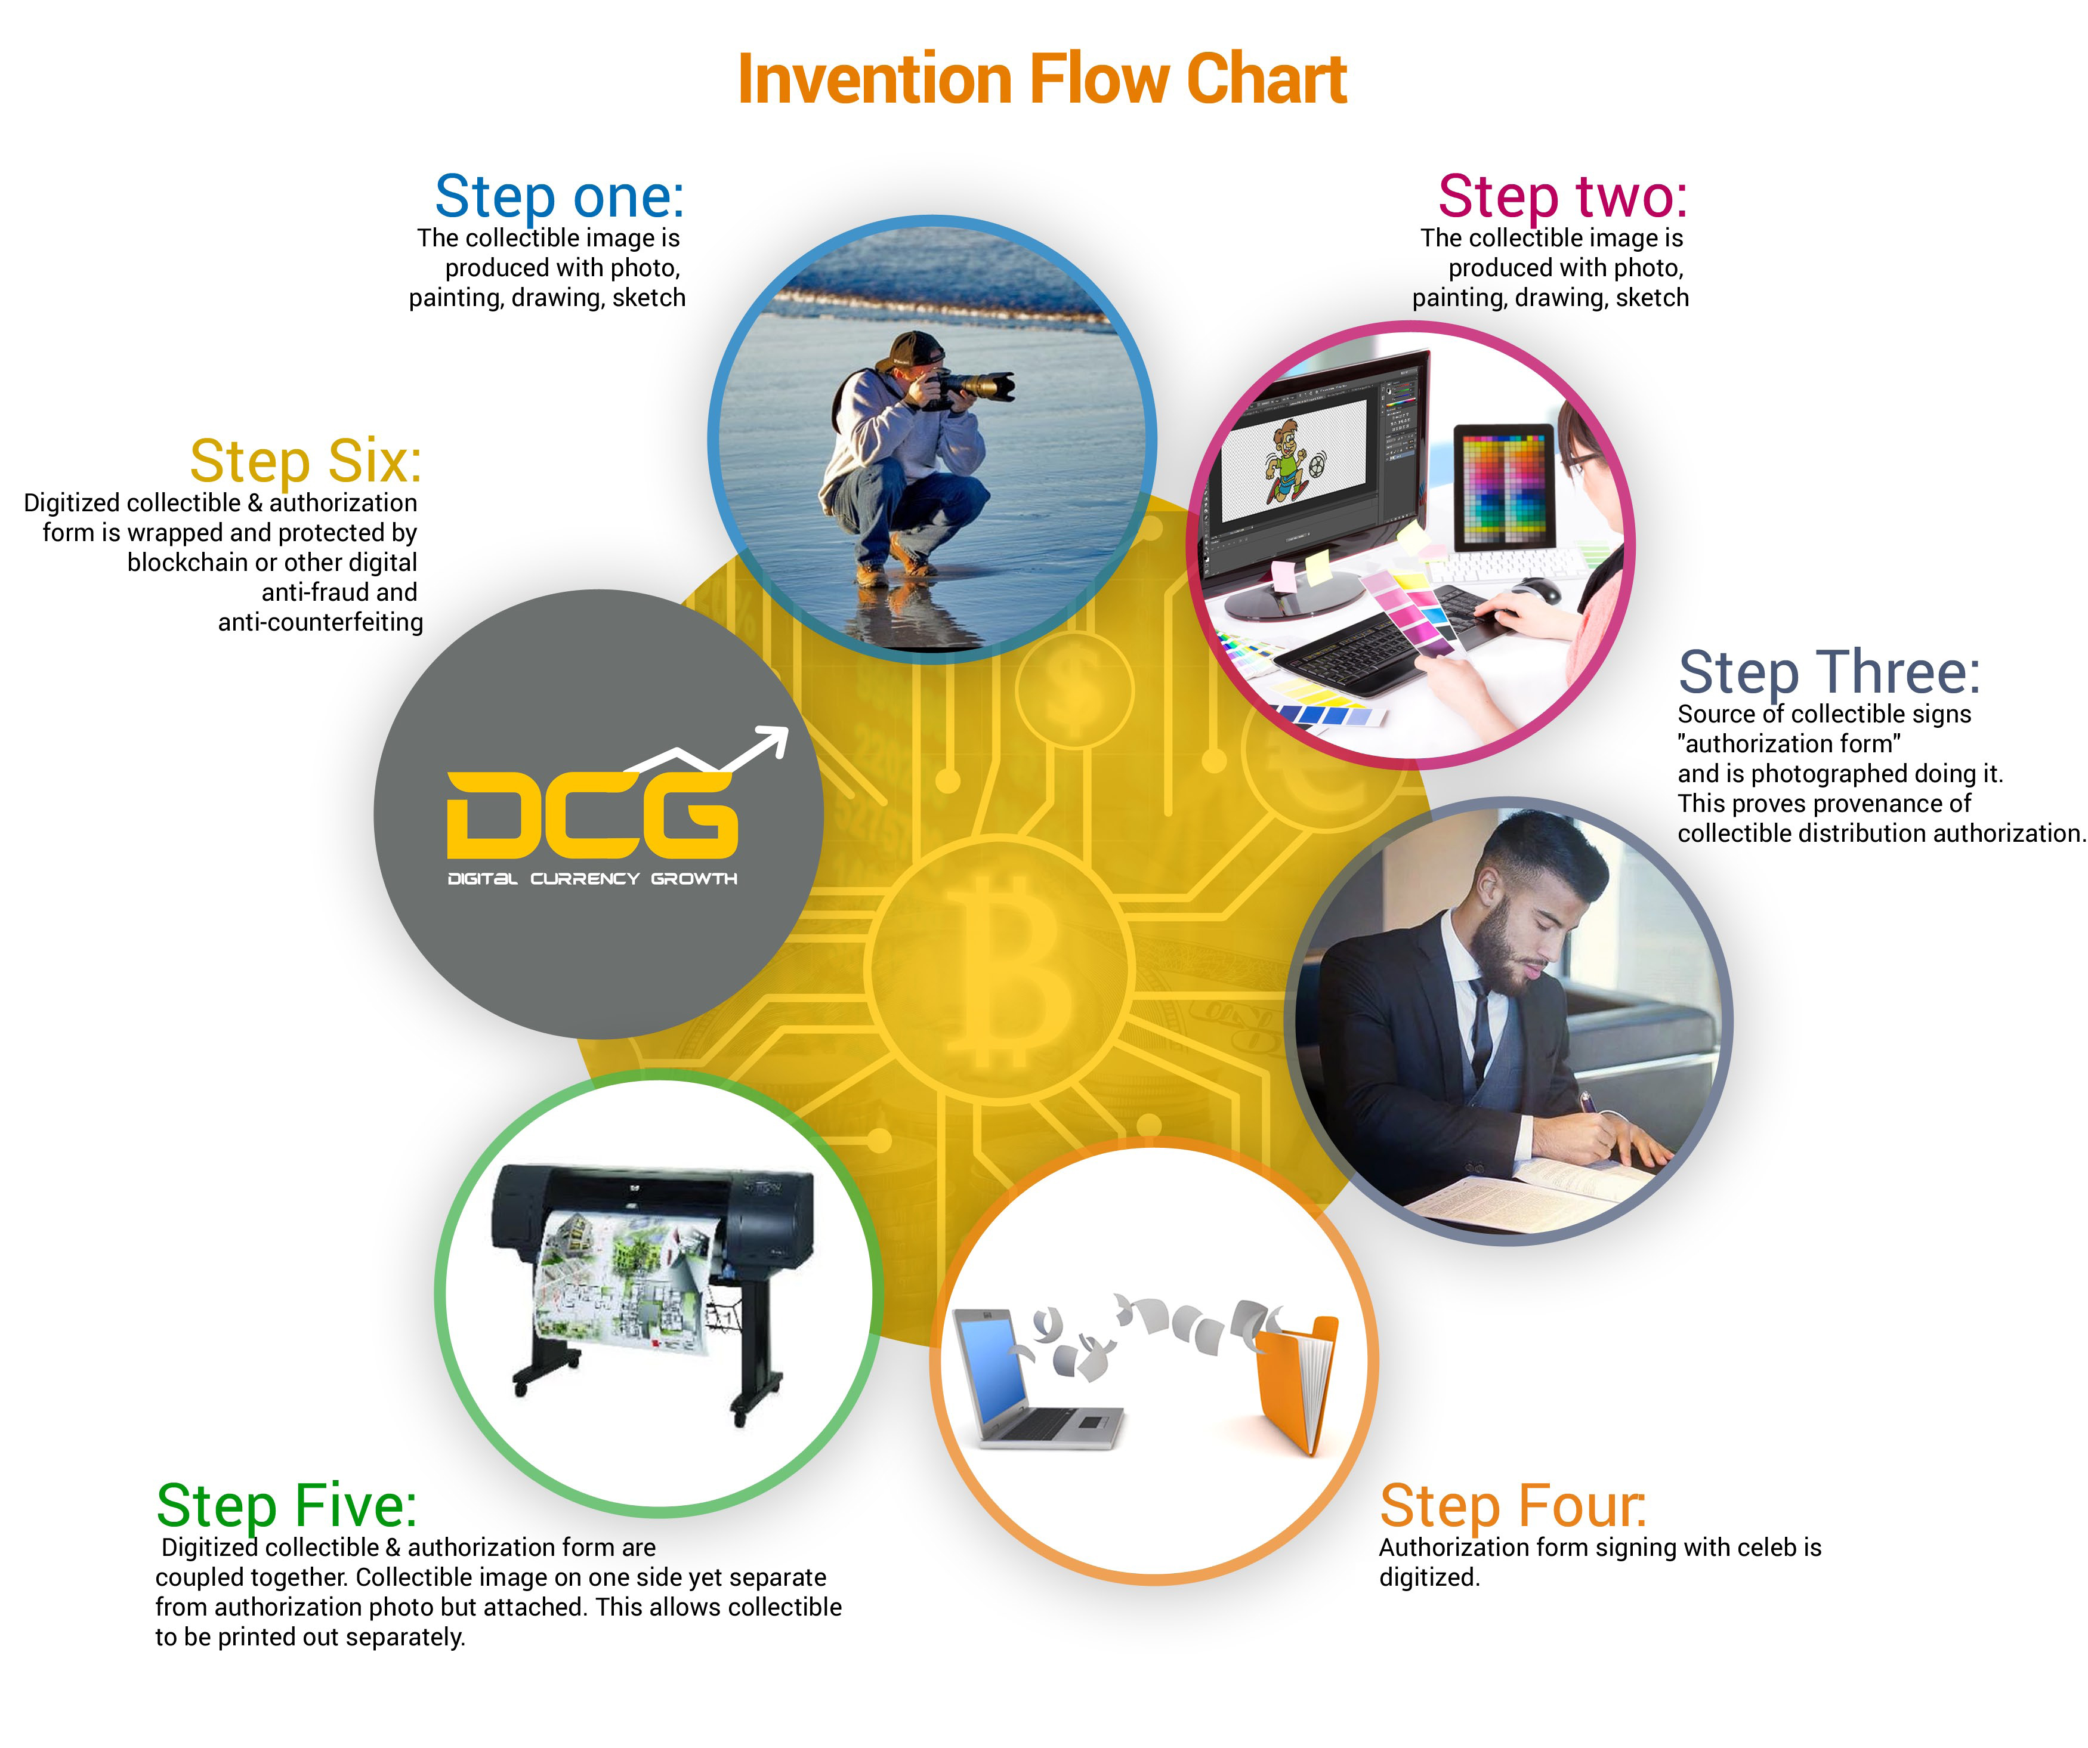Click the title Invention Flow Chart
pyautogui.click(x=1042, y=79)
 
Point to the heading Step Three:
pyautogui.click(x=1828, y=673)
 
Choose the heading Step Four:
pyautogui.click(x=1512, y=1506)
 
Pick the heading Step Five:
pyautogui.click(x=286, y=1506)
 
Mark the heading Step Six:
pyautogui.click(x=305, y=461)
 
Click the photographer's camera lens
pyautogui.click(x=984, y=385)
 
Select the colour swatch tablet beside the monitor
pyautogui.click(x=1503, y=487)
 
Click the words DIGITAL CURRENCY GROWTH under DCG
pyautogui.click(x=592, y=879)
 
